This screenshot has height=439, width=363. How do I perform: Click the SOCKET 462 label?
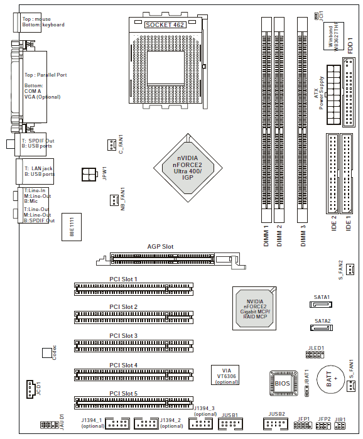click(x=165, y=24)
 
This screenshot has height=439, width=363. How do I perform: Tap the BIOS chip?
click(x=283, y=383)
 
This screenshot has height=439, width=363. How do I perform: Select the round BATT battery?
click(x=330, y=379)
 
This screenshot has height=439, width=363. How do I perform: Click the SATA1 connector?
click(x=321, y=304)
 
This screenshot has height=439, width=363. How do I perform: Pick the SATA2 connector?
click(x=322, y=327)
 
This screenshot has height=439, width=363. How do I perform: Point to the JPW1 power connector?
click(x=89, y=175)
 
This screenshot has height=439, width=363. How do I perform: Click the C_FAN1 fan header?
click(x=112, y=145)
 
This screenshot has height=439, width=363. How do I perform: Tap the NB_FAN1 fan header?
click(x=114, y=200)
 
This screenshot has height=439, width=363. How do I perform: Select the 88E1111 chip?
click(x=72, y=227)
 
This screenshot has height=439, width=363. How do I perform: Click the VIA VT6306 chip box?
click(x=225, y=375)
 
